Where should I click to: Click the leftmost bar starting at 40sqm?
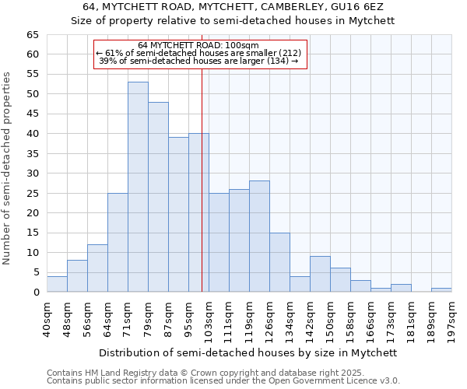point(57,284)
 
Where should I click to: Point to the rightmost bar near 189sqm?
point(441,290)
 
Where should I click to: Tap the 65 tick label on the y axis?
point(32,35)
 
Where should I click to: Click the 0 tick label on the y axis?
point(35,293)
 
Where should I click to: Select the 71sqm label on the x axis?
point(128,315)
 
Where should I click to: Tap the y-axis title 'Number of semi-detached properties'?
point(8,168)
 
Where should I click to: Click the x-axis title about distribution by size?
point(248,352)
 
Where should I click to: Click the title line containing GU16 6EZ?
point(233,7)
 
